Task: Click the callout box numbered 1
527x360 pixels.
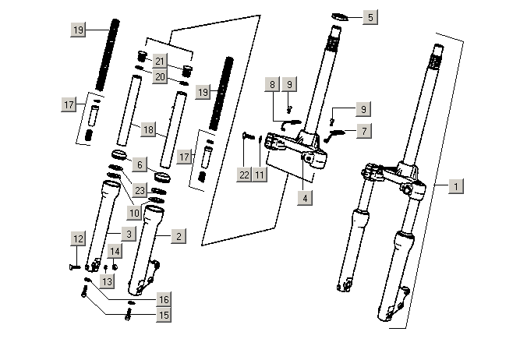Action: [x=458, y=186]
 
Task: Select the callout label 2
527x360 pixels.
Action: [x=178, y=235]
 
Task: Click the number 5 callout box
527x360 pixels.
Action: [x=370, y=17]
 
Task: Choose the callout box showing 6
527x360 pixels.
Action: [x=139, y=164]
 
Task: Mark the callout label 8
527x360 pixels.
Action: [x=273, y=83]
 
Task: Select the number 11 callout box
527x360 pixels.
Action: [x=260, y=175]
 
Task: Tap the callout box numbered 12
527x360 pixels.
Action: [x=78, y=237]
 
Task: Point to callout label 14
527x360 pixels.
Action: [x=115, y=251]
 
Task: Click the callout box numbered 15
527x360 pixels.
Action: [x=163, y=316]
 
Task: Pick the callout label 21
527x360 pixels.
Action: [x=160, y=61]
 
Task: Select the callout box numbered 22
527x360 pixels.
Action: [x=244, y=175]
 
